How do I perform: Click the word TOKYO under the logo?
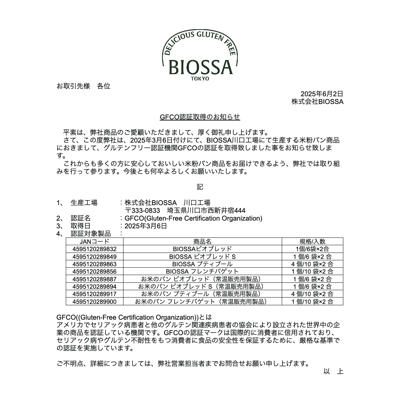200,79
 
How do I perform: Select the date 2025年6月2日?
322,94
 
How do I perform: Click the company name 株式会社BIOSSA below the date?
317,102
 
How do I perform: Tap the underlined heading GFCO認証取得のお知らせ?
200,117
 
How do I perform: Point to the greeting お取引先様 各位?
83,86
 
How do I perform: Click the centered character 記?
200,187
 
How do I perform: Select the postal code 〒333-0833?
142,210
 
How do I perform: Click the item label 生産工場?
84,203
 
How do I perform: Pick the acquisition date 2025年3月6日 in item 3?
146,226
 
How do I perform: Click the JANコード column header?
94,241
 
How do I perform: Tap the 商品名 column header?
202,241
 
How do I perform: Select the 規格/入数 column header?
312,241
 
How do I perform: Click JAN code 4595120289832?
94,249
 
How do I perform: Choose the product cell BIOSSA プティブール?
202,264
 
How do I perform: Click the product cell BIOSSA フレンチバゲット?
202,271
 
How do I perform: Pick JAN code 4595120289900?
94,301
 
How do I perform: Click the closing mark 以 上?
333,371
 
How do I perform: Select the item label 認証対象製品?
91,234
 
